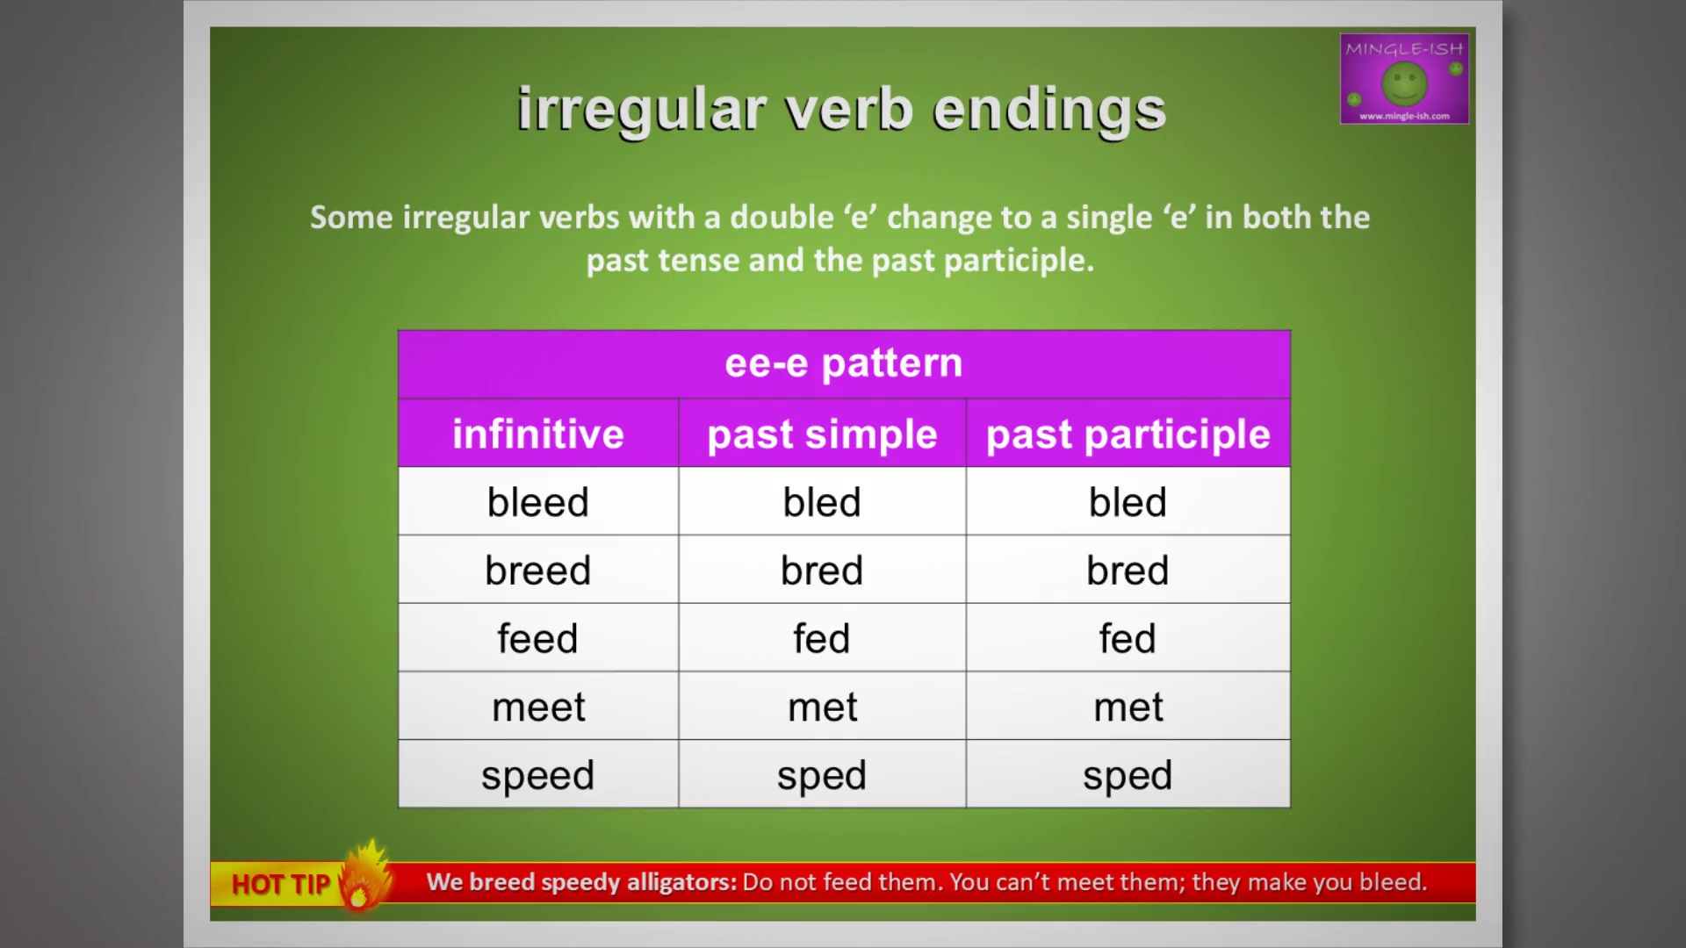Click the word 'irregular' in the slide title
(x=642, y=111)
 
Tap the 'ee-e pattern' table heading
(x=844, y=363)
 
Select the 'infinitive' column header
(x=538, y=434)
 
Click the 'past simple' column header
(x=822, y=434)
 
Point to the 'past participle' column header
(x=1128, y=434)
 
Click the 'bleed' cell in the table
(x=538, y=502)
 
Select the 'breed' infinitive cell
(x=538, y=571)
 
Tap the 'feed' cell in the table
(x=538, y=638)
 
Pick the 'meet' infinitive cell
(x=538, y=707)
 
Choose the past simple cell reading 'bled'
(x=822, y=502)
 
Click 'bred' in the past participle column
(x=1128, y=571)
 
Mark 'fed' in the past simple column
(x=822, y=638)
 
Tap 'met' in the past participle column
(x=1128, y=707)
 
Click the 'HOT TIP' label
(x=281, y=884)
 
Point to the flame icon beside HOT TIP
(x=364, y=875)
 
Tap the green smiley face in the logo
(x=1404, y=84)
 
